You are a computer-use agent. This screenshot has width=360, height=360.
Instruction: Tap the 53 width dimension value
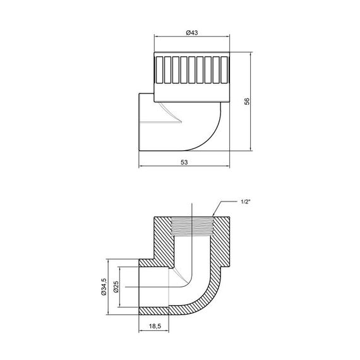[184, 162]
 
